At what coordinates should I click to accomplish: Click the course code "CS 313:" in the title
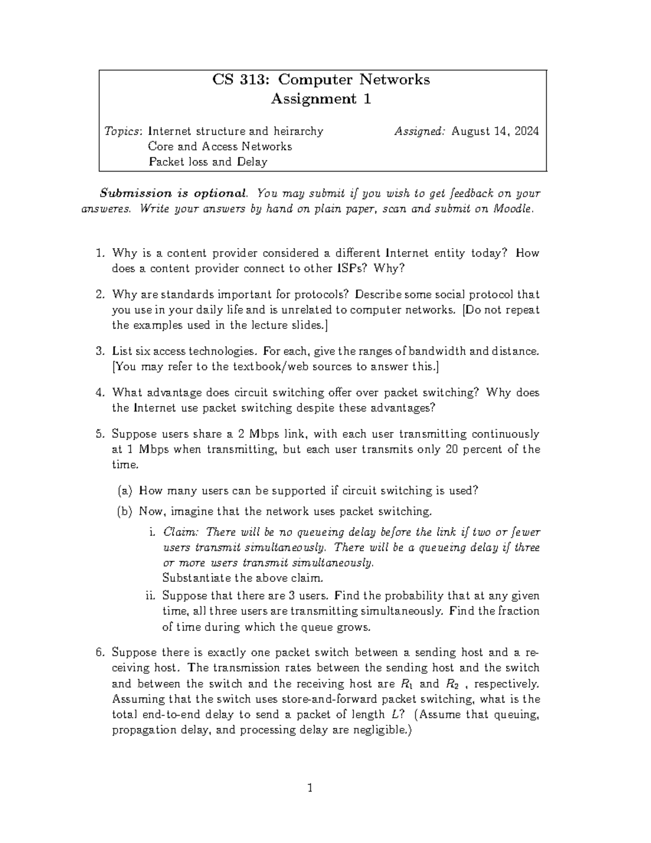tap(241, 80)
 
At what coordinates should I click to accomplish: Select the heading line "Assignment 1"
tap(321, 99)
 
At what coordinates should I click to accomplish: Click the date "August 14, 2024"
tap(495, 131)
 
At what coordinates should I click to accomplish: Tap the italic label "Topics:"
tap(124, 131)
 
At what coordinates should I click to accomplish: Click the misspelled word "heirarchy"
tap(298, 131)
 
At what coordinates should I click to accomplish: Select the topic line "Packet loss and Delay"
tap(208, 162)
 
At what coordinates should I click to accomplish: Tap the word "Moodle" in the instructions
tap(512, 209)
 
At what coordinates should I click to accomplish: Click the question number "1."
tap(100, 253)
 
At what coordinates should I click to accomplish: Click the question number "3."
tap(100, 351)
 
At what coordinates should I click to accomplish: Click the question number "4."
tap(100, 392)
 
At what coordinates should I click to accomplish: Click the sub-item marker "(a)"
tap(125, 491)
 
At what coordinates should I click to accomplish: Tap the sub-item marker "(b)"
tap(125, 511)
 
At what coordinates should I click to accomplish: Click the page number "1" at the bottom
tap(310, 788)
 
